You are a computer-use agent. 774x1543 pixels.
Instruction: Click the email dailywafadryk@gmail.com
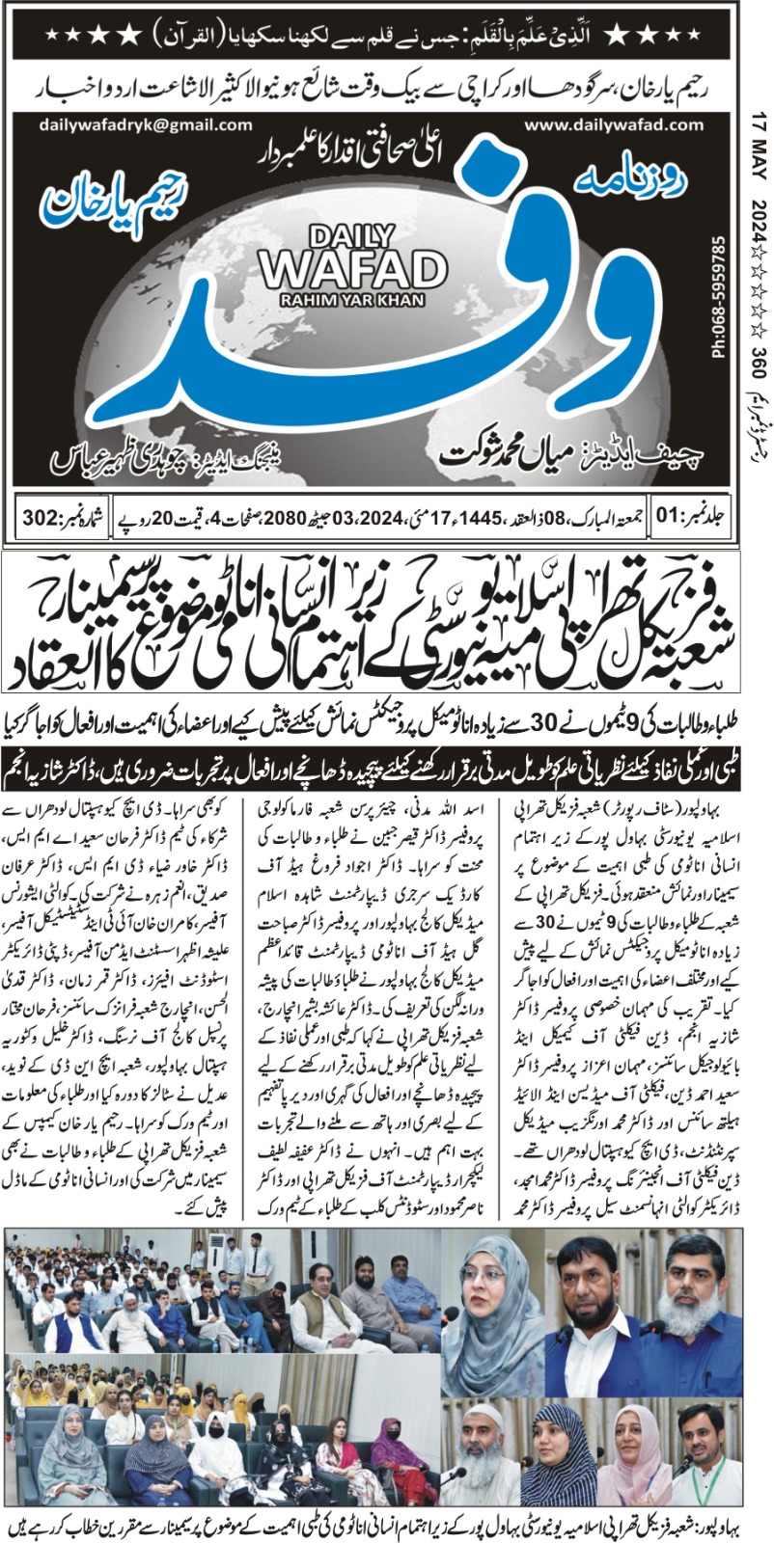pos(146,125)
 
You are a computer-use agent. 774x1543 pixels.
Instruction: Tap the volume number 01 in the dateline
pos(667,516)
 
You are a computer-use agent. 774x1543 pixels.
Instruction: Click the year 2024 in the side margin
pos(760,221)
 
